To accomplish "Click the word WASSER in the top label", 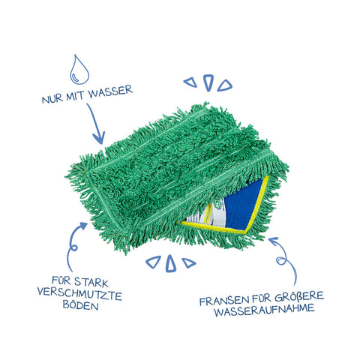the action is pos(110,91).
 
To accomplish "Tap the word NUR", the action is pos(52,98).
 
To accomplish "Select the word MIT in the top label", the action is pos(75,96).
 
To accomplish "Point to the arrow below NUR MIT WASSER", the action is pos(95,124).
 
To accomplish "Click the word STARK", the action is pos(91,282).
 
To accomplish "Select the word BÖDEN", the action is pos(80,305).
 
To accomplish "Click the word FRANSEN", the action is pos(224,301).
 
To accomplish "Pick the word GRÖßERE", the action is pos(299,296).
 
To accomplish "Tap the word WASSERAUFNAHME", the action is pos(264,310).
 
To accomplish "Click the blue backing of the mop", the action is pos(244,205).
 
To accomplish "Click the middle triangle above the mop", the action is pos(208,82).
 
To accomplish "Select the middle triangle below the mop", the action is pos(170,264).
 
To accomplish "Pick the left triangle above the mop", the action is pos(190,82).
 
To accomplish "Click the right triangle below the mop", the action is pos(188,262).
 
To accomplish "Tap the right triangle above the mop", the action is pos(225,85).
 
